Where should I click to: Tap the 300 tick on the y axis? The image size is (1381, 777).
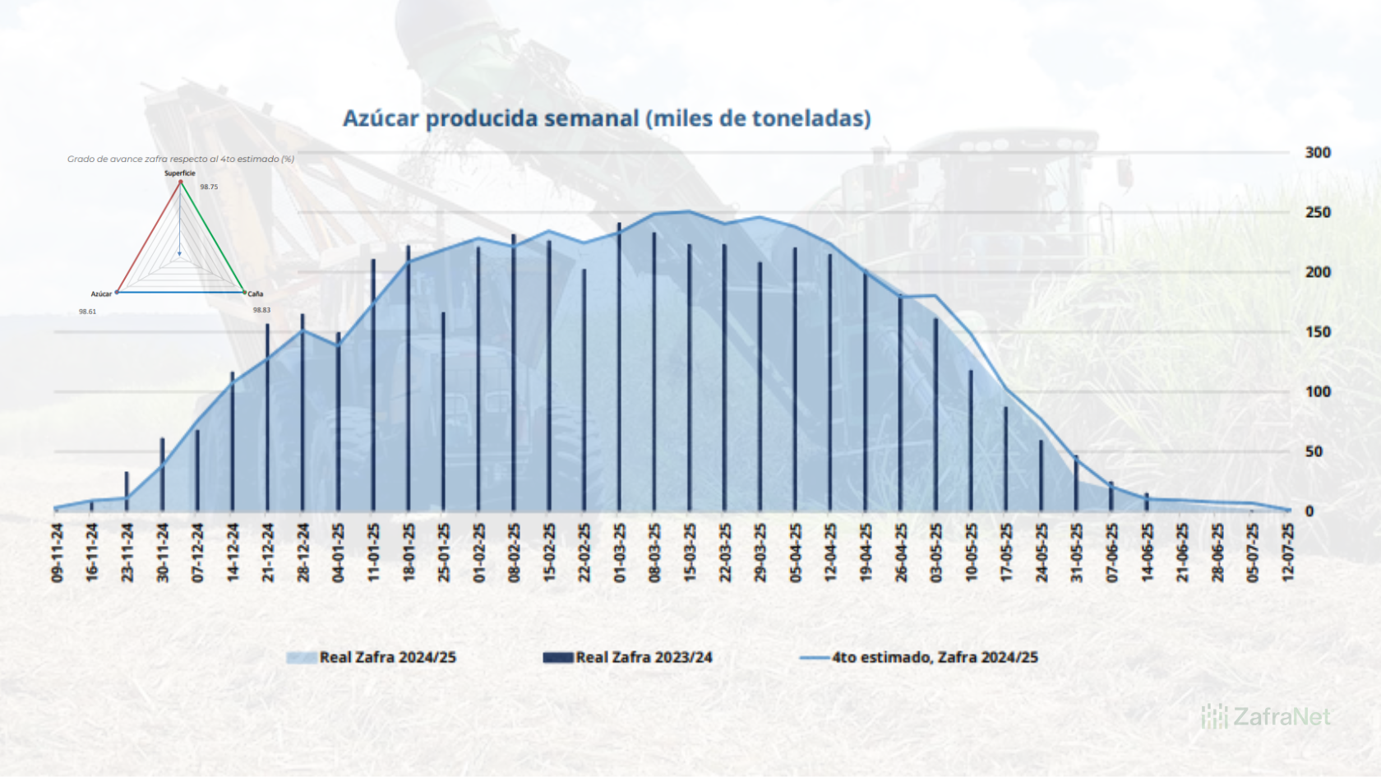click(1317, 152)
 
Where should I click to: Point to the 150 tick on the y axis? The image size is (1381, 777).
click(1317, 332)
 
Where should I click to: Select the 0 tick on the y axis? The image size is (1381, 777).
click(1309, 511)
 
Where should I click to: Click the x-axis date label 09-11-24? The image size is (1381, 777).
click(58, 553)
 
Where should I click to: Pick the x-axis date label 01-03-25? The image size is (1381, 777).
click(620, 553)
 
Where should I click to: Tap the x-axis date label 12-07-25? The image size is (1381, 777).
click(1287, 553)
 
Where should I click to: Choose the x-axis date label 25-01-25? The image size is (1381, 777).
click(444, 553)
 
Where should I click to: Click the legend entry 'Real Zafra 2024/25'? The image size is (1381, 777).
click(387, 658)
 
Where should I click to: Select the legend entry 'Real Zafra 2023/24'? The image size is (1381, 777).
click(643, 658)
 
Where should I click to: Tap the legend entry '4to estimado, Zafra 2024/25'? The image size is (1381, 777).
click(934, 658)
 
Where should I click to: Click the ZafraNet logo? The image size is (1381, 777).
click(1266, 717)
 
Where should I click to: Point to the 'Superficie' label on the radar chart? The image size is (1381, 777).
click(180, 173)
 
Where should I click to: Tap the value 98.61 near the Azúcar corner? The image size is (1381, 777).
click(87, 312)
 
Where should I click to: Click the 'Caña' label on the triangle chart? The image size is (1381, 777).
click(256, 294)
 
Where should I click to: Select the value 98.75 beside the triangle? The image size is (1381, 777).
click(209, 187)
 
